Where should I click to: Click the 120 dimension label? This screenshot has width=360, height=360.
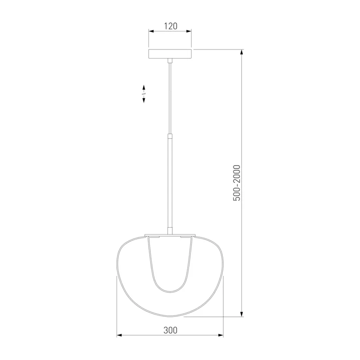(x=171, y=26)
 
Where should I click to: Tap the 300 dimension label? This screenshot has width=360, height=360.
(x=171, y=330)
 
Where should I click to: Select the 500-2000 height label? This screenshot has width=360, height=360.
(x=237, y=183)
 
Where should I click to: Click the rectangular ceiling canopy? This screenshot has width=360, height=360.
(x=170, y=54)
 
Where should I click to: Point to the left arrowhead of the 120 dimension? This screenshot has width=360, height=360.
(x=151, y=31)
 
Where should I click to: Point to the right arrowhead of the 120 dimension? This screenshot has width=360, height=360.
(x=189, y=31)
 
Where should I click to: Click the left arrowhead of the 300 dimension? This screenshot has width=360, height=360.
(x=119, y=335)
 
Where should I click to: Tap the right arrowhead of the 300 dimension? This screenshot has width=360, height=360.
(x=220, y=335)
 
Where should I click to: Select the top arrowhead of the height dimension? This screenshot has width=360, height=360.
(x=241, y=52)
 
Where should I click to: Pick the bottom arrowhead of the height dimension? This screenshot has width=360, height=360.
(x=241, y=314)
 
